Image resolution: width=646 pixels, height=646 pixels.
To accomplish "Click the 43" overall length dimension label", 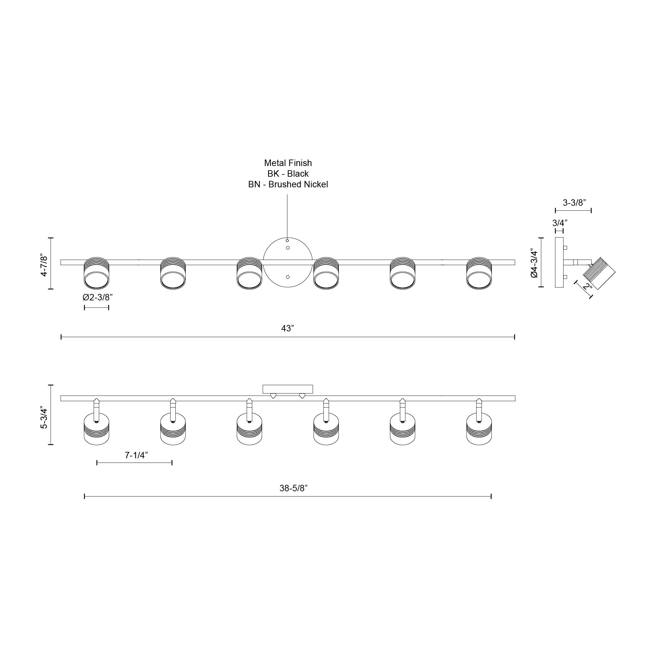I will [x=287, y=329].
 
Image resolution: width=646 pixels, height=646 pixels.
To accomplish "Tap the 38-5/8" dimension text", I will [x=293, y=488].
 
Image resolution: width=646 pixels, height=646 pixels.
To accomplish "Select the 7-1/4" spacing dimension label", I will [x=136, y=455].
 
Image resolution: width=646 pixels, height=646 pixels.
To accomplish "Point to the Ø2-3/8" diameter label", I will [x=98, y=297].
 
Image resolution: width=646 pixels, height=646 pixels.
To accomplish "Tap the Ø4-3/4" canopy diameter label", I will [x=534, y=264].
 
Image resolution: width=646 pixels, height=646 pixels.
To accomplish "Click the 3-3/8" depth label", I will [x=574, y=203].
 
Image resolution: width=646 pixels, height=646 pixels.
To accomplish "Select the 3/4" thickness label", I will [x=560, y=223].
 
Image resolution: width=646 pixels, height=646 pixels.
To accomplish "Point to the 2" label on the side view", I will [x=587, y=286].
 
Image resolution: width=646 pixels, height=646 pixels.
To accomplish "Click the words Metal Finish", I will [x=288, y=163].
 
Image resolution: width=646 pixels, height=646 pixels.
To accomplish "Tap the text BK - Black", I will [x=288, y=174].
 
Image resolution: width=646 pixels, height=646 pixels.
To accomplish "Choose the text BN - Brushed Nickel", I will [x=288, y=184].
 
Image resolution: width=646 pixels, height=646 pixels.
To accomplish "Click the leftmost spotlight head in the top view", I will [x=96, y=273].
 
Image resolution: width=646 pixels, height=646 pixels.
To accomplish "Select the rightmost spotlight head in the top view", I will [x=479, y=273].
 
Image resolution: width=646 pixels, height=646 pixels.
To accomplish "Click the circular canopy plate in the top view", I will [x=287, y=262].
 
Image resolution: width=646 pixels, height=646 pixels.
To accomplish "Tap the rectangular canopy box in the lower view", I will [x=287, y=389].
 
